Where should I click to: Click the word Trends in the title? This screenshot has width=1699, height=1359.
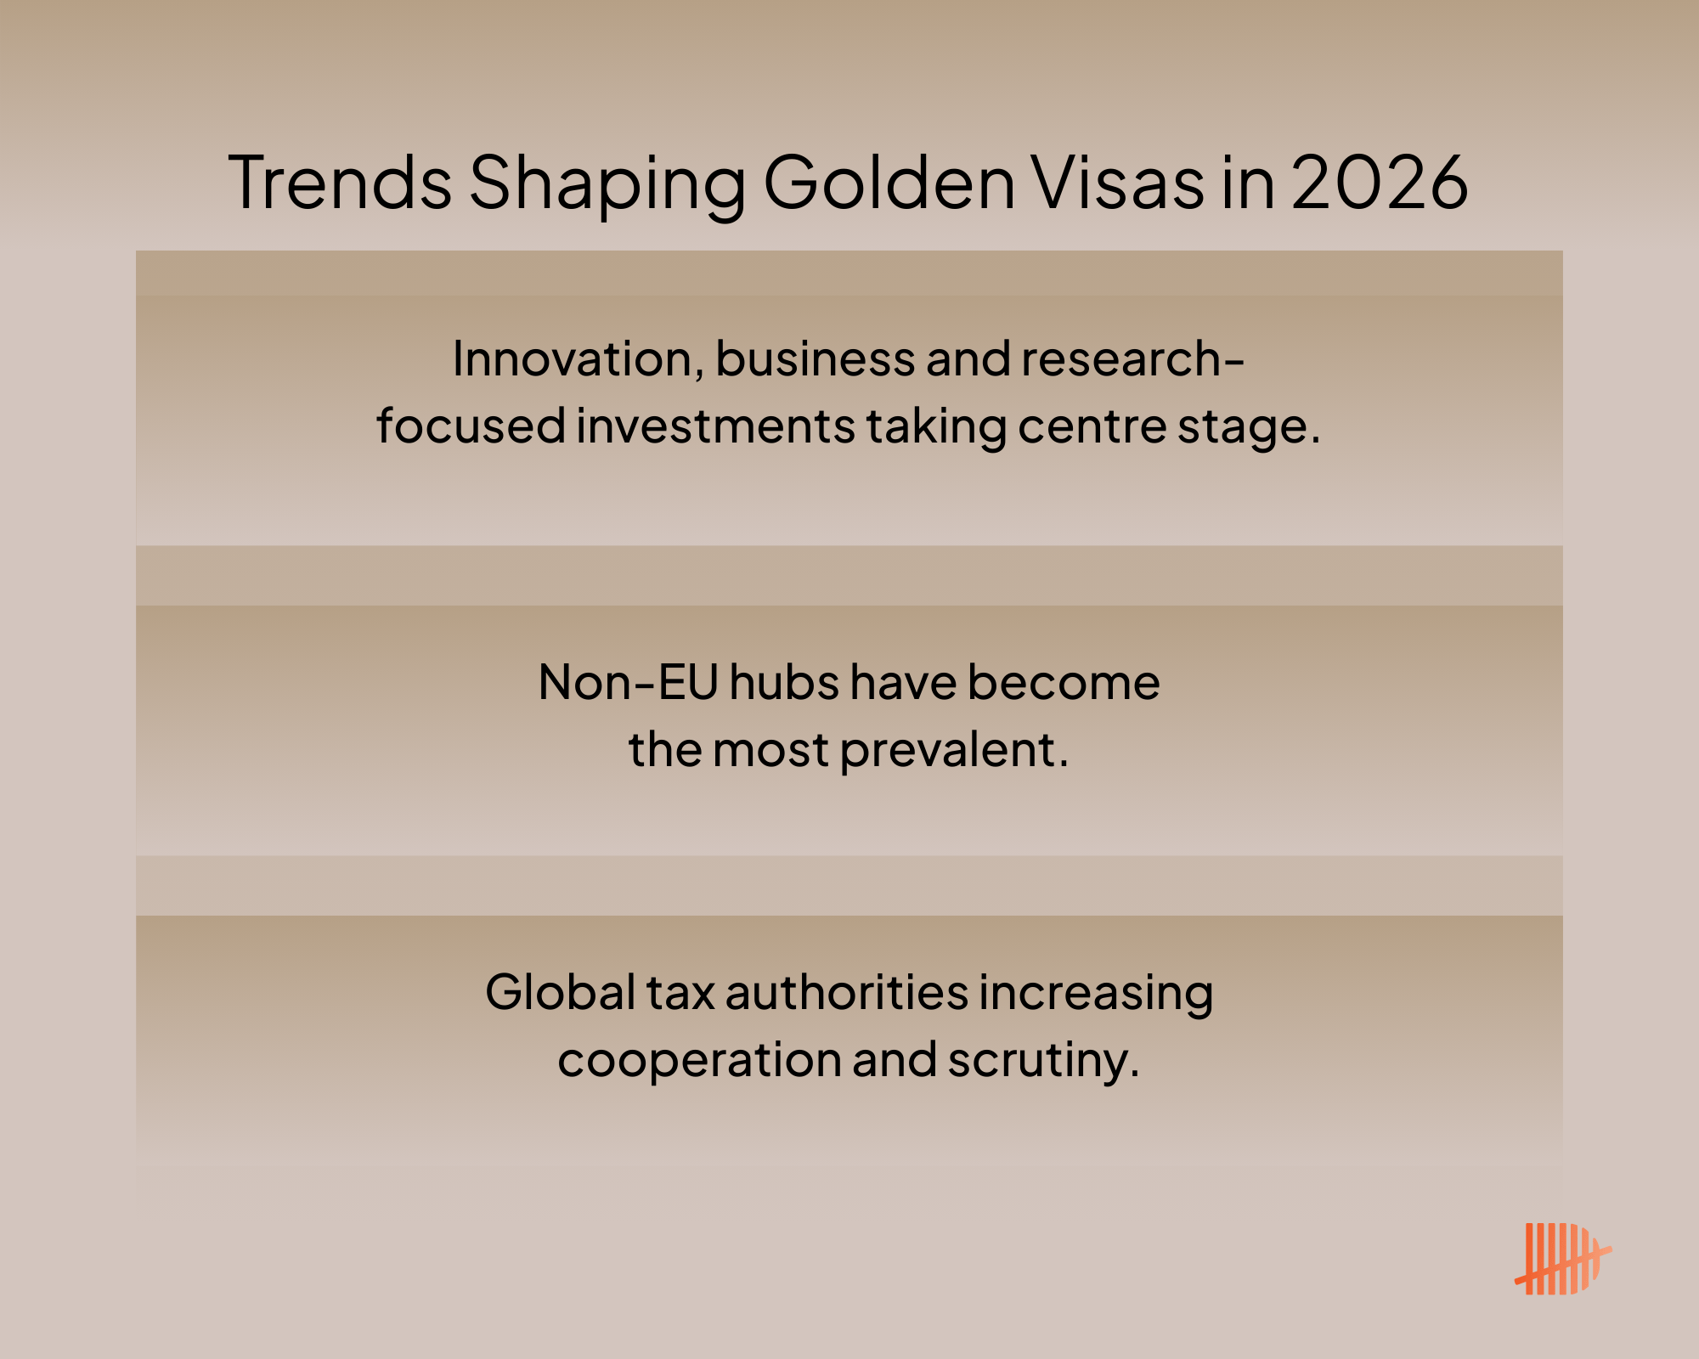pyautogui.click(x=340, y=182)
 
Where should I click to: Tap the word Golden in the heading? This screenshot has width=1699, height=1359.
pyautogui.click(x=889, y=182)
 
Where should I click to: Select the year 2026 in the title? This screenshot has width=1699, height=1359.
pyautogui.click(x=1380, y=182)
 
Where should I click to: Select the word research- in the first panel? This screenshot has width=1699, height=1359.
pyautogui.click(x=1132, y=359)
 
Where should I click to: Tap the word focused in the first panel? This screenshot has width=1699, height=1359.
pyautogui.click(x=471, y=425)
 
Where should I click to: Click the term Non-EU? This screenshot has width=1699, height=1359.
pyautogui.click(x=629, y=682)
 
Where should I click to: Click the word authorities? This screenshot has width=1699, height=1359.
pyautogui.click(x=846, y=991)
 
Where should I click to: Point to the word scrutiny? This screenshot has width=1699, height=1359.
pyautogui.click(x=1043, y=1062)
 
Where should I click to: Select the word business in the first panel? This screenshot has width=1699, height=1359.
pyautogui.click(x=816, y=359)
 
